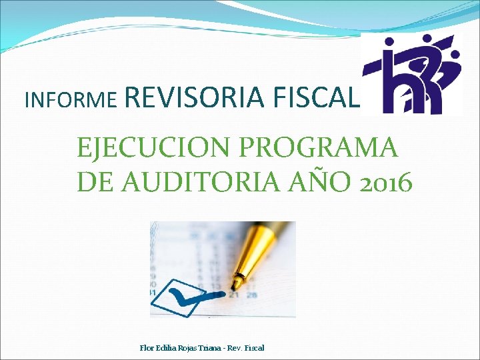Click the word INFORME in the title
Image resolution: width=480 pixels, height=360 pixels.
pos(71,100)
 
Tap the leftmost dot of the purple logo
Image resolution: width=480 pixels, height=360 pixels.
pos(389,45)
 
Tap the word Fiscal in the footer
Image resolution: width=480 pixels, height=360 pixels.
pos(253,348)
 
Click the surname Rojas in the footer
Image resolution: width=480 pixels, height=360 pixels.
pos(187,348)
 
